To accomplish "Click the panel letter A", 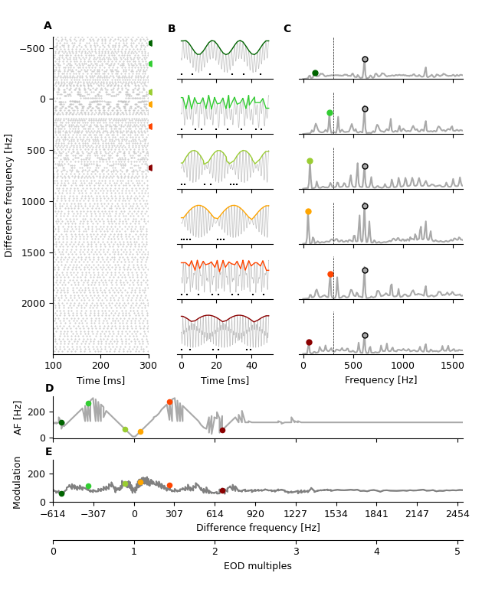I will pos(48,26).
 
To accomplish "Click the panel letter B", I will pos(172,29).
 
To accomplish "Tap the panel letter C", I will pos(287,29).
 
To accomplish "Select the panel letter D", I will pos(49,389).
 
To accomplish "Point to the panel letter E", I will pos(49,452).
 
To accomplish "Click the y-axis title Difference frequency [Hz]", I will pos(9,195).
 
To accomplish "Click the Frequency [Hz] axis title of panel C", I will pos(381,380).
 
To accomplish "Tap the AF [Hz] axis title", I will pos(18,417).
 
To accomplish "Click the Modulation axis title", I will pos(18,482).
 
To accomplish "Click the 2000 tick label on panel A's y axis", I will pos(34,304).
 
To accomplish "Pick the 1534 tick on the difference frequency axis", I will pos(336,515).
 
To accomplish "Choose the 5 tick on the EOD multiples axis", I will pos(457,552).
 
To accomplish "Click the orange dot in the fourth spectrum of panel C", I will pos(308,212).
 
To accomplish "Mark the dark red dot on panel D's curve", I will pos(222,430).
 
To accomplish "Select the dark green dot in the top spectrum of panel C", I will pos(315,73).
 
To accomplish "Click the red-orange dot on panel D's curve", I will pos(170,402).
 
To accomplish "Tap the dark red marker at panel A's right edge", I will pos(151,168).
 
